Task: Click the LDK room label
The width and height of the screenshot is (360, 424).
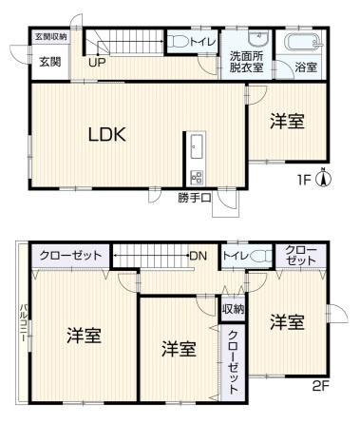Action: coord(107,134)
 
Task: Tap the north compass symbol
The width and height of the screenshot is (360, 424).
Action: coord(324,178)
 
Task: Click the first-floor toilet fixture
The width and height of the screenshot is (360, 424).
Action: coord(178,42)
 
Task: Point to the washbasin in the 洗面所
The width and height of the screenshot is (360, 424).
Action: coord(259,38)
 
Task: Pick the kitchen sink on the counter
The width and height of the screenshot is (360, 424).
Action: coord(197,146)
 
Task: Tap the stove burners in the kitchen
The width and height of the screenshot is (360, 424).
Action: coord(197,178)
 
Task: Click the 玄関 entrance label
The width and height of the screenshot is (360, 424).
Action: coord(50,62)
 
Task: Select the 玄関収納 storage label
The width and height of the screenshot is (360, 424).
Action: coord(51,37)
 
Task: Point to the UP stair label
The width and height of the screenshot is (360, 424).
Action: coord(97,63)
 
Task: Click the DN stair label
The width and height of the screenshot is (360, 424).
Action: coord(199,256)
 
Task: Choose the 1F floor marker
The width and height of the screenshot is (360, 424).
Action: coord(303,180)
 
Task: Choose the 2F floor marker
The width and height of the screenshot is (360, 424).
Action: coord(321,386)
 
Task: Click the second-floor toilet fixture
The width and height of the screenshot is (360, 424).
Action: coord(261,256)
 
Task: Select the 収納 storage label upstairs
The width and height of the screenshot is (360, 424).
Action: coord(233,309)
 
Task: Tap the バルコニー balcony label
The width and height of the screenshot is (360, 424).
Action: coord(24,322)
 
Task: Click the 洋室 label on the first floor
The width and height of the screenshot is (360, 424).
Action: coord(287,122)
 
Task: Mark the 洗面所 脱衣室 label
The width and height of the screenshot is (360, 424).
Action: coord(246,62)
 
